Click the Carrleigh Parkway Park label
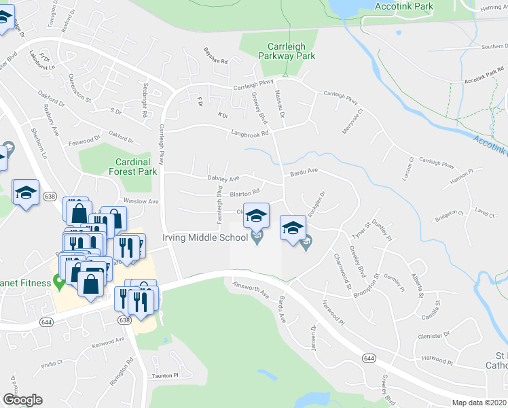[x=277, y=51]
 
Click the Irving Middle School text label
[x=203, y=238]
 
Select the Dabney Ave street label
[x=223, y=178]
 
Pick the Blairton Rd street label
[x=245, y=193]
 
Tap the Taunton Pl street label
[x=164, y=375]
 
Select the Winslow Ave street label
[x=141, y=201]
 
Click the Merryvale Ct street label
[x=354, y=122]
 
